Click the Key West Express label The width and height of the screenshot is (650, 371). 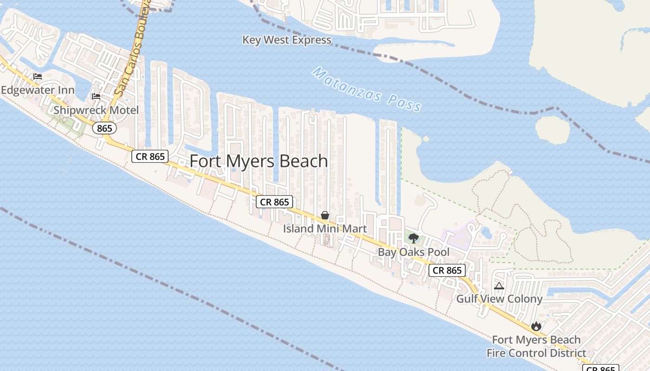click(287, 40)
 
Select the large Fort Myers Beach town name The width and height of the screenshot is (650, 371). click(259, 161)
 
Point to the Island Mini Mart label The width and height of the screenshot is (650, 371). click(325, 229)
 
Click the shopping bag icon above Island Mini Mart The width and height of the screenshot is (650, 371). click(325, 216)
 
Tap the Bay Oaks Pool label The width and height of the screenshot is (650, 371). click(414, 252)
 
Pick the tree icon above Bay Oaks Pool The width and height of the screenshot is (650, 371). click(413, 239)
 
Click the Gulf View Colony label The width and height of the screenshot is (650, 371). click(499, 299)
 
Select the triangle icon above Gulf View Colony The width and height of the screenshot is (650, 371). click(499, 286)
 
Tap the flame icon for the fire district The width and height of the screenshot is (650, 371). click(536, 326)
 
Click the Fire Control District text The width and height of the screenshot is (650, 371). click(536, 353)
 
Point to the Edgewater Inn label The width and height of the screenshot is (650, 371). click(38, 90)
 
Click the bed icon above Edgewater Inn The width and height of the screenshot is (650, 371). click(38, 77)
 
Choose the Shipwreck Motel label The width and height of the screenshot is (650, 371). click(96, 110)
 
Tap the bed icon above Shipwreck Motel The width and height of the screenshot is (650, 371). click(96, 96)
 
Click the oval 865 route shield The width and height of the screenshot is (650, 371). click(104, 128)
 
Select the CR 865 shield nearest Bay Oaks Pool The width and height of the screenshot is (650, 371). click(447, 270)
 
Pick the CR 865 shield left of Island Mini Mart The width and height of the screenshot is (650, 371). click(275, 202)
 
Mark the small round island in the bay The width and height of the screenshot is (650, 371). click(552, 129)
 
